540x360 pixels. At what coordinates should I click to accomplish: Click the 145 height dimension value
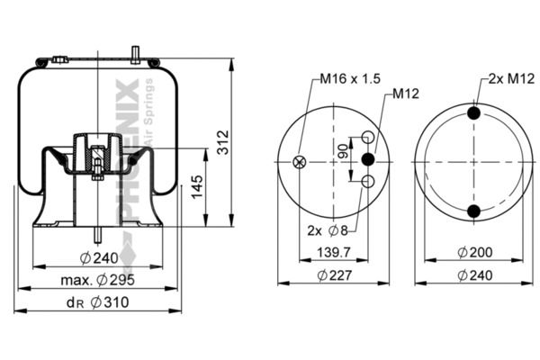(196, 187)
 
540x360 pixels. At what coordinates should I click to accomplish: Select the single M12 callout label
(404, 93)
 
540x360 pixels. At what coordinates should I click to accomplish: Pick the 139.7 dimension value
(334, 254)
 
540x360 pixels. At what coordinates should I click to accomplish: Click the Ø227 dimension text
(334, 275)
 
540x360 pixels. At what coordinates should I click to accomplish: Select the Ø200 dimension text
(474, 254)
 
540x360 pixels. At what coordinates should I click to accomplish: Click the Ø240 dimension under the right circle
(474, 275)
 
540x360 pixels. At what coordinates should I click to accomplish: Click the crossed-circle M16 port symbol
(301, 162)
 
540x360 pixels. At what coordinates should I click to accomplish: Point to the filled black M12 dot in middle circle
(367, 159)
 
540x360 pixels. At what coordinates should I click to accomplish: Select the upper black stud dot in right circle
(474, 113)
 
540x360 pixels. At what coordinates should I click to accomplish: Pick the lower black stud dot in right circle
(474, 211)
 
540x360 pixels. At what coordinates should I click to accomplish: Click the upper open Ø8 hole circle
(367, 137)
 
